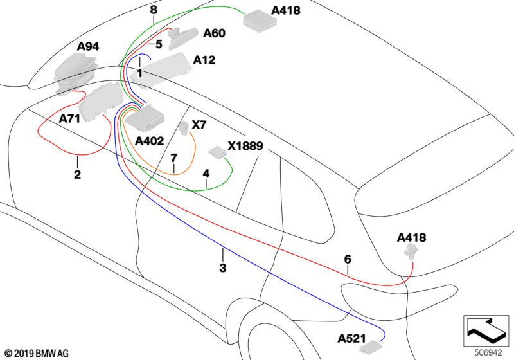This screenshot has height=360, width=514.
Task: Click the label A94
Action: (88, 47)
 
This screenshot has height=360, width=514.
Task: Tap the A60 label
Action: (214, 33)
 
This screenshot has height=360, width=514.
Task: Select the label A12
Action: (204, 60)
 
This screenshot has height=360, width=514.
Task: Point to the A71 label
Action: (70, 119)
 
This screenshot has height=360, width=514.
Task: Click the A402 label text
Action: (149, 140)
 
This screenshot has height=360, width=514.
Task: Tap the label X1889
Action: (245, 146)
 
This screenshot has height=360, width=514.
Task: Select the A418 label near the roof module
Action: (286, 11)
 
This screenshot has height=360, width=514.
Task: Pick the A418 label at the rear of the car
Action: (411, 238)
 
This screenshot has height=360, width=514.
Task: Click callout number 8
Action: (153, 10)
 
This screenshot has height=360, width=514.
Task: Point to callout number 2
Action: (77, 174)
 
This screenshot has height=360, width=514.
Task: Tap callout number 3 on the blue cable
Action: (222, 268)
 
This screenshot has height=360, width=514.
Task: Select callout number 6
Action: (348, 259)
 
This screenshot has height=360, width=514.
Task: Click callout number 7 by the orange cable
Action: (173, 158)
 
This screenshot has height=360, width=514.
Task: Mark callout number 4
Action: (206, 174)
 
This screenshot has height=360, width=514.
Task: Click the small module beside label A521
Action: (371, 347)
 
